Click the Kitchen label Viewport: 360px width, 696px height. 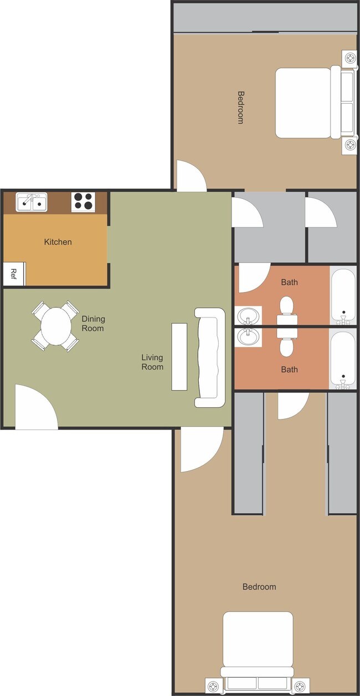pos(58,242)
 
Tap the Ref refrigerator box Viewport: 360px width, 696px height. pos(14,274)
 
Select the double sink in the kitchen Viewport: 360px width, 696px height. pos(32,203)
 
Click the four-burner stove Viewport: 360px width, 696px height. pos(84,202)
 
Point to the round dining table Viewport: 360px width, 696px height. pos(55,326)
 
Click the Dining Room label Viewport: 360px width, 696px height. pos(93,324)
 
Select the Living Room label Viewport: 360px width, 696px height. pos(152,362)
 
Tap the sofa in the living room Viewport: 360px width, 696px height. pos(210,357)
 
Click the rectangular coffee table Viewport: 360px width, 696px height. pos(179,356)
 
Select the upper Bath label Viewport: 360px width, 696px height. pos(289,282)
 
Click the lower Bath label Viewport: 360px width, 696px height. pos(289,370)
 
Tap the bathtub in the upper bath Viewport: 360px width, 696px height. pos(343,295)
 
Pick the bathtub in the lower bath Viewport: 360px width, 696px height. pos(343,359)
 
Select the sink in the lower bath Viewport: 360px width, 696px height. pos(248,337)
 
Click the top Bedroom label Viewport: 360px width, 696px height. pos(240,108)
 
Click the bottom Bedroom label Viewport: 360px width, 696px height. pos(259,587)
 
